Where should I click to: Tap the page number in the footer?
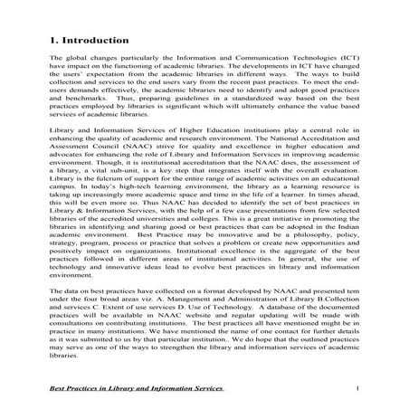click(358, 388)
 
